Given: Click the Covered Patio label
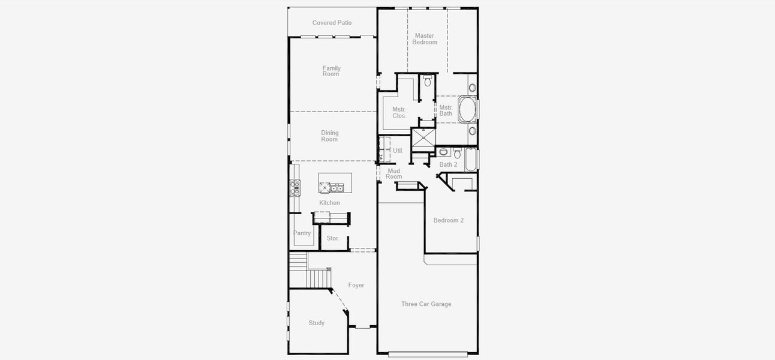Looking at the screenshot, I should [332, 23].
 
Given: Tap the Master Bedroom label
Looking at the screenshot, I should [425, 39].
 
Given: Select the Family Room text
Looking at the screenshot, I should [331, 71].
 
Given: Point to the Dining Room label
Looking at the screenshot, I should [329, 136].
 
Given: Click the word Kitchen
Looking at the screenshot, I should [329, 203].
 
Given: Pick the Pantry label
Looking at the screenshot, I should [302, 233].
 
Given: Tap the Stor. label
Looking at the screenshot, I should [333, 238].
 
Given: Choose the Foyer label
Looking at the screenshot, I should [356, 286].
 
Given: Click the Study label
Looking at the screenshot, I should [317, 323].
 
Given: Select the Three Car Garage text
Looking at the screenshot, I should [426, 304].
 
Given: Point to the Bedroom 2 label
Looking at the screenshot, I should [449, 220].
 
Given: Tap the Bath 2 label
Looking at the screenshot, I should [448, 164].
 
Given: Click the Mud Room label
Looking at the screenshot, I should [393, 174].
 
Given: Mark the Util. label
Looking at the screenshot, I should [398, 151].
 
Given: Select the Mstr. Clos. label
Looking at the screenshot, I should [399, 112].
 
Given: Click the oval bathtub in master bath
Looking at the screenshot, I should [467, 110].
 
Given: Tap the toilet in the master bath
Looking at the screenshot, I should [428, 82].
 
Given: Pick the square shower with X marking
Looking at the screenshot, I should [423, 138].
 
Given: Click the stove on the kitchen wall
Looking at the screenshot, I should [295, 188].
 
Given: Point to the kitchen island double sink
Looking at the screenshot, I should [337, 188].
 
